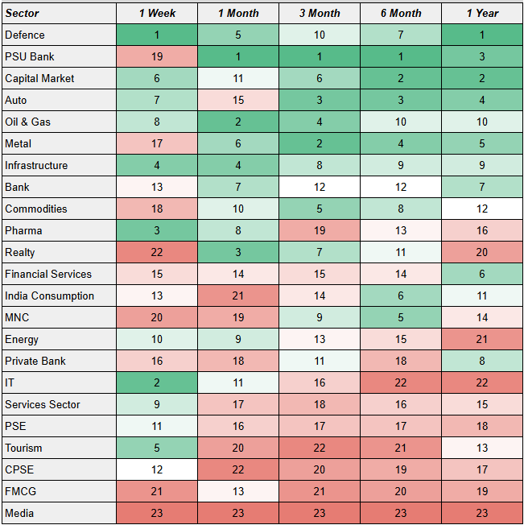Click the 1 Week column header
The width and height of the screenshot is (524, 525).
(157, 14)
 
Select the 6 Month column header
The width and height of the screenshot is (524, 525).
(400, 14)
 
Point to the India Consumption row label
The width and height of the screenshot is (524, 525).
(49, 296)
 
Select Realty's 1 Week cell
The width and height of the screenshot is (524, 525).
(157, 252)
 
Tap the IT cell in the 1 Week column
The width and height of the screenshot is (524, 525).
(157, 382)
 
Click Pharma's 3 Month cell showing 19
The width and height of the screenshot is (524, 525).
(319, 230)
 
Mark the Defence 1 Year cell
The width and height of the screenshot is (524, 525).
(481, 35)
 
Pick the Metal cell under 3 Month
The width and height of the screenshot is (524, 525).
(319, 144)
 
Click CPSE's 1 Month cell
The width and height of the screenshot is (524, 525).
(237, 469)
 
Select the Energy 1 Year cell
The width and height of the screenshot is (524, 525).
(481, 339)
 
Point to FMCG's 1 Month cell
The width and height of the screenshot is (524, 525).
(237, 491)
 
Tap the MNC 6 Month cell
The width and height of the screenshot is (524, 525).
(400, 317)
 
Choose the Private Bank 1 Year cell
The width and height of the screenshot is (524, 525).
(481, 361)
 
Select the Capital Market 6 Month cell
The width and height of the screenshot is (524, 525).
(400, 79)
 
